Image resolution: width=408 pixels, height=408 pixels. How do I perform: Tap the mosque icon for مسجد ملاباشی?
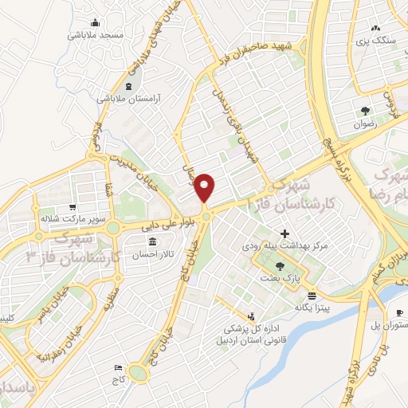pos(96,22)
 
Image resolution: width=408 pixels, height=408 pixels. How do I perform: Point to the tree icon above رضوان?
pos(366,111)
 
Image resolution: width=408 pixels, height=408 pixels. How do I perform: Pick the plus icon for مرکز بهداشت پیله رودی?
pos(284,234)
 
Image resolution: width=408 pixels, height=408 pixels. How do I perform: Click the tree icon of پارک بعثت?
pos(279,265)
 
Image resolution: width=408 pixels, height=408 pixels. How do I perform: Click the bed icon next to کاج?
pos(119,367)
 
